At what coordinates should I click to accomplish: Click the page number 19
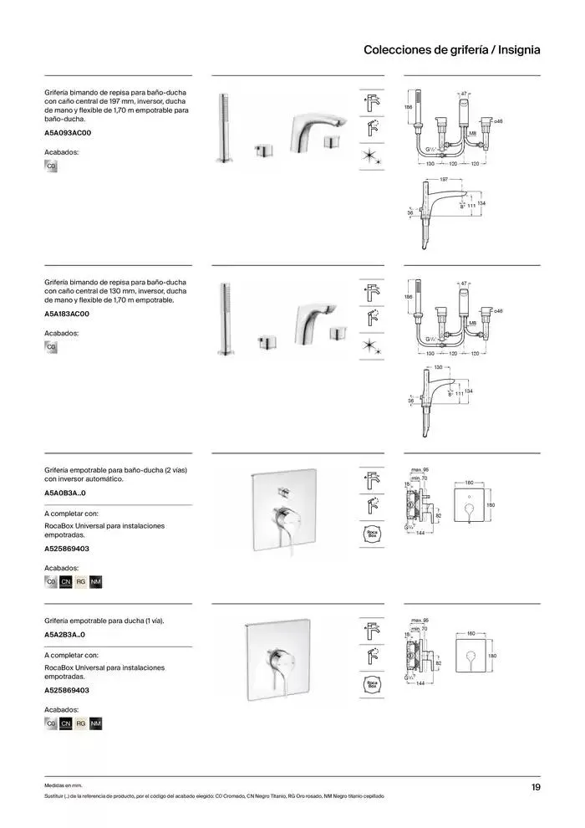coord(535,787)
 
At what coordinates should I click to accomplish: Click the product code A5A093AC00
coord(68,133)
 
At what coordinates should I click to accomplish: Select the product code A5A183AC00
coord(68,314)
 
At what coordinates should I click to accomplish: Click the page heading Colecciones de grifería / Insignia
coord(451,50)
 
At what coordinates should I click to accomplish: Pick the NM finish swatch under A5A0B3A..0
coord(95,581)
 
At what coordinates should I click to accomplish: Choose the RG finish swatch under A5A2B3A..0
coord(81,723)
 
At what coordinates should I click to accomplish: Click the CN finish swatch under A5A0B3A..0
coord(66,581)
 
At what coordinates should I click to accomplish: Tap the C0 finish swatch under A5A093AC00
coord(51,166)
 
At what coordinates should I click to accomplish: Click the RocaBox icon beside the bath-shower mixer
coord(372,533)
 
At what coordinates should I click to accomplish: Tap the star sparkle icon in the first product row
coord(372,156)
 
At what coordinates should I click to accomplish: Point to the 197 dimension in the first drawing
coord(445,180)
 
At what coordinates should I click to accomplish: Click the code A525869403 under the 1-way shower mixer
coord(67,690)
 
